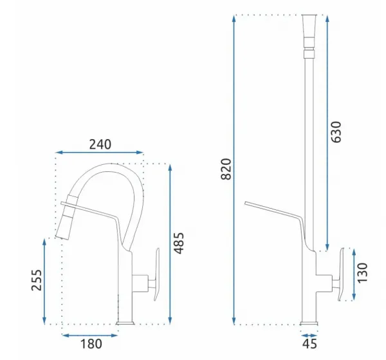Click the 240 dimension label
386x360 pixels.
(x=100, y=144)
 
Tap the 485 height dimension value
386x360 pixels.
(x=179, y=243)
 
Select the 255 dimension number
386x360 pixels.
(x=37, y=280)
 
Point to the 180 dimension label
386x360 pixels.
(x=91, y=344)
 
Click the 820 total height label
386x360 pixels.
(x=226, y=169)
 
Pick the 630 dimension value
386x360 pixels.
(x=336, y=132)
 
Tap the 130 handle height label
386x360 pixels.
(x=362, y=273)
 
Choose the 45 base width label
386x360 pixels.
(x=309, y=343)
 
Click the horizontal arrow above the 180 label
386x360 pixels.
(x=89, y=336)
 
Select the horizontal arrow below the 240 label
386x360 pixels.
(x=100, y=153)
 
